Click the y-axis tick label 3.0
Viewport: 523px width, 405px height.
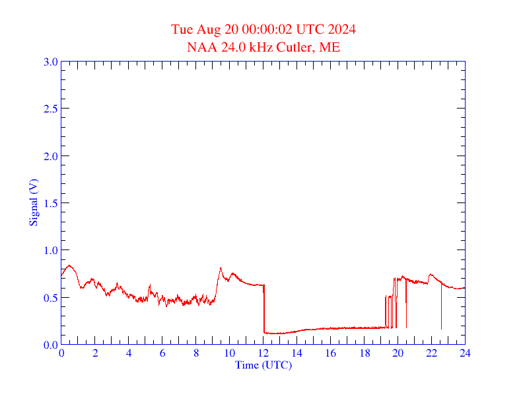50,62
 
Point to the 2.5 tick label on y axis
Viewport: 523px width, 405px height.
50,109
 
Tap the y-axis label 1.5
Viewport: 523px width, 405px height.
50,203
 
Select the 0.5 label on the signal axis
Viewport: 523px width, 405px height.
50,298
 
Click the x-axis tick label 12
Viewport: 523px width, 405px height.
263,353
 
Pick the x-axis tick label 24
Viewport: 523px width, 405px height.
465,353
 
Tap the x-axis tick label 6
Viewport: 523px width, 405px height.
162,353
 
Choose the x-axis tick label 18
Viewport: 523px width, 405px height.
364,353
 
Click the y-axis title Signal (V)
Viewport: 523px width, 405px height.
33,202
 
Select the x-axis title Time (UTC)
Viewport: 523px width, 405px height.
263,365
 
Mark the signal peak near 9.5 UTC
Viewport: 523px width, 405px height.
221,268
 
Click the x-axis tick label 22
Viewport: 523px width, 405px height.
431,353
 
